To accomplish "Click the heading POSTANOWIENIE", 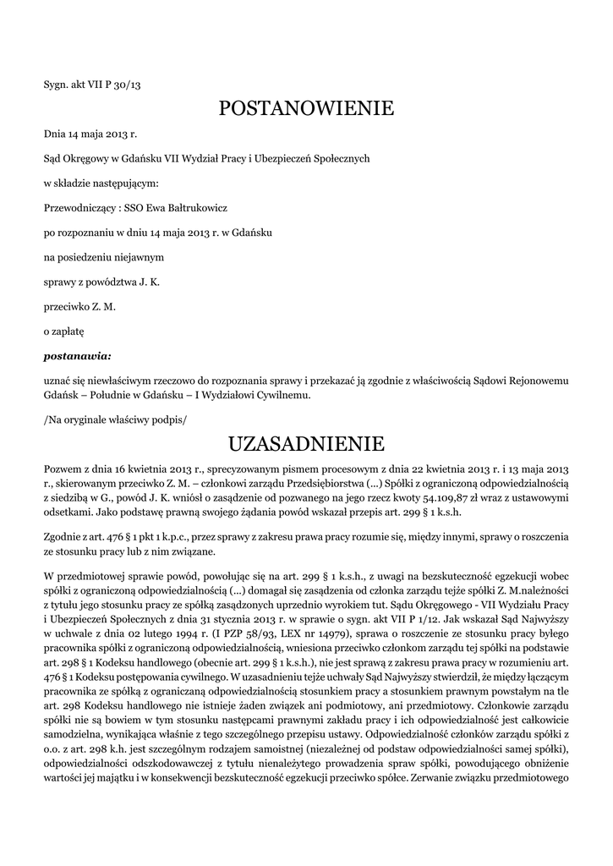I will [306, 108].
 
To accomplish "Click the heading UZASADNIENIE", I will [306, 443].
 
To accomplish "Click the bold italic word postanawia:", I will [77, 355].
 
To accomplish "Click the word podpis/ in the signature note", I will [167, 419].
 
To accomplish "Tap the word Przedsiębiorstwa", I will [336, 483].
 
